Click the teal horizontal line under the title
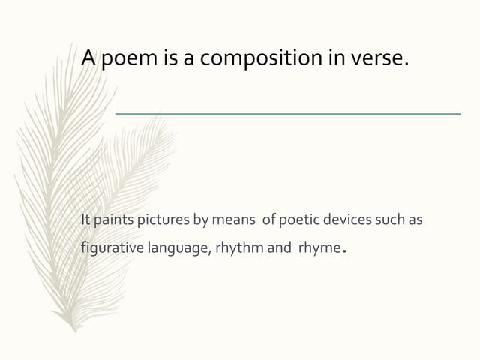(x=288, y=114)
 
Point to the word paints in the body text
(x=109, y=220)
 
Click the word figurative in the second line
(x=110, y=248)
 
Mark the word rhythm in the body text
(x=239, y=248)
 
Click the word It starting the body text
(x=85, y=220)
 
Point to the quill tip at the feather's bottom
(x=74, y=328)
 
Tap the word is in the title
(x=170, y=58)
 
